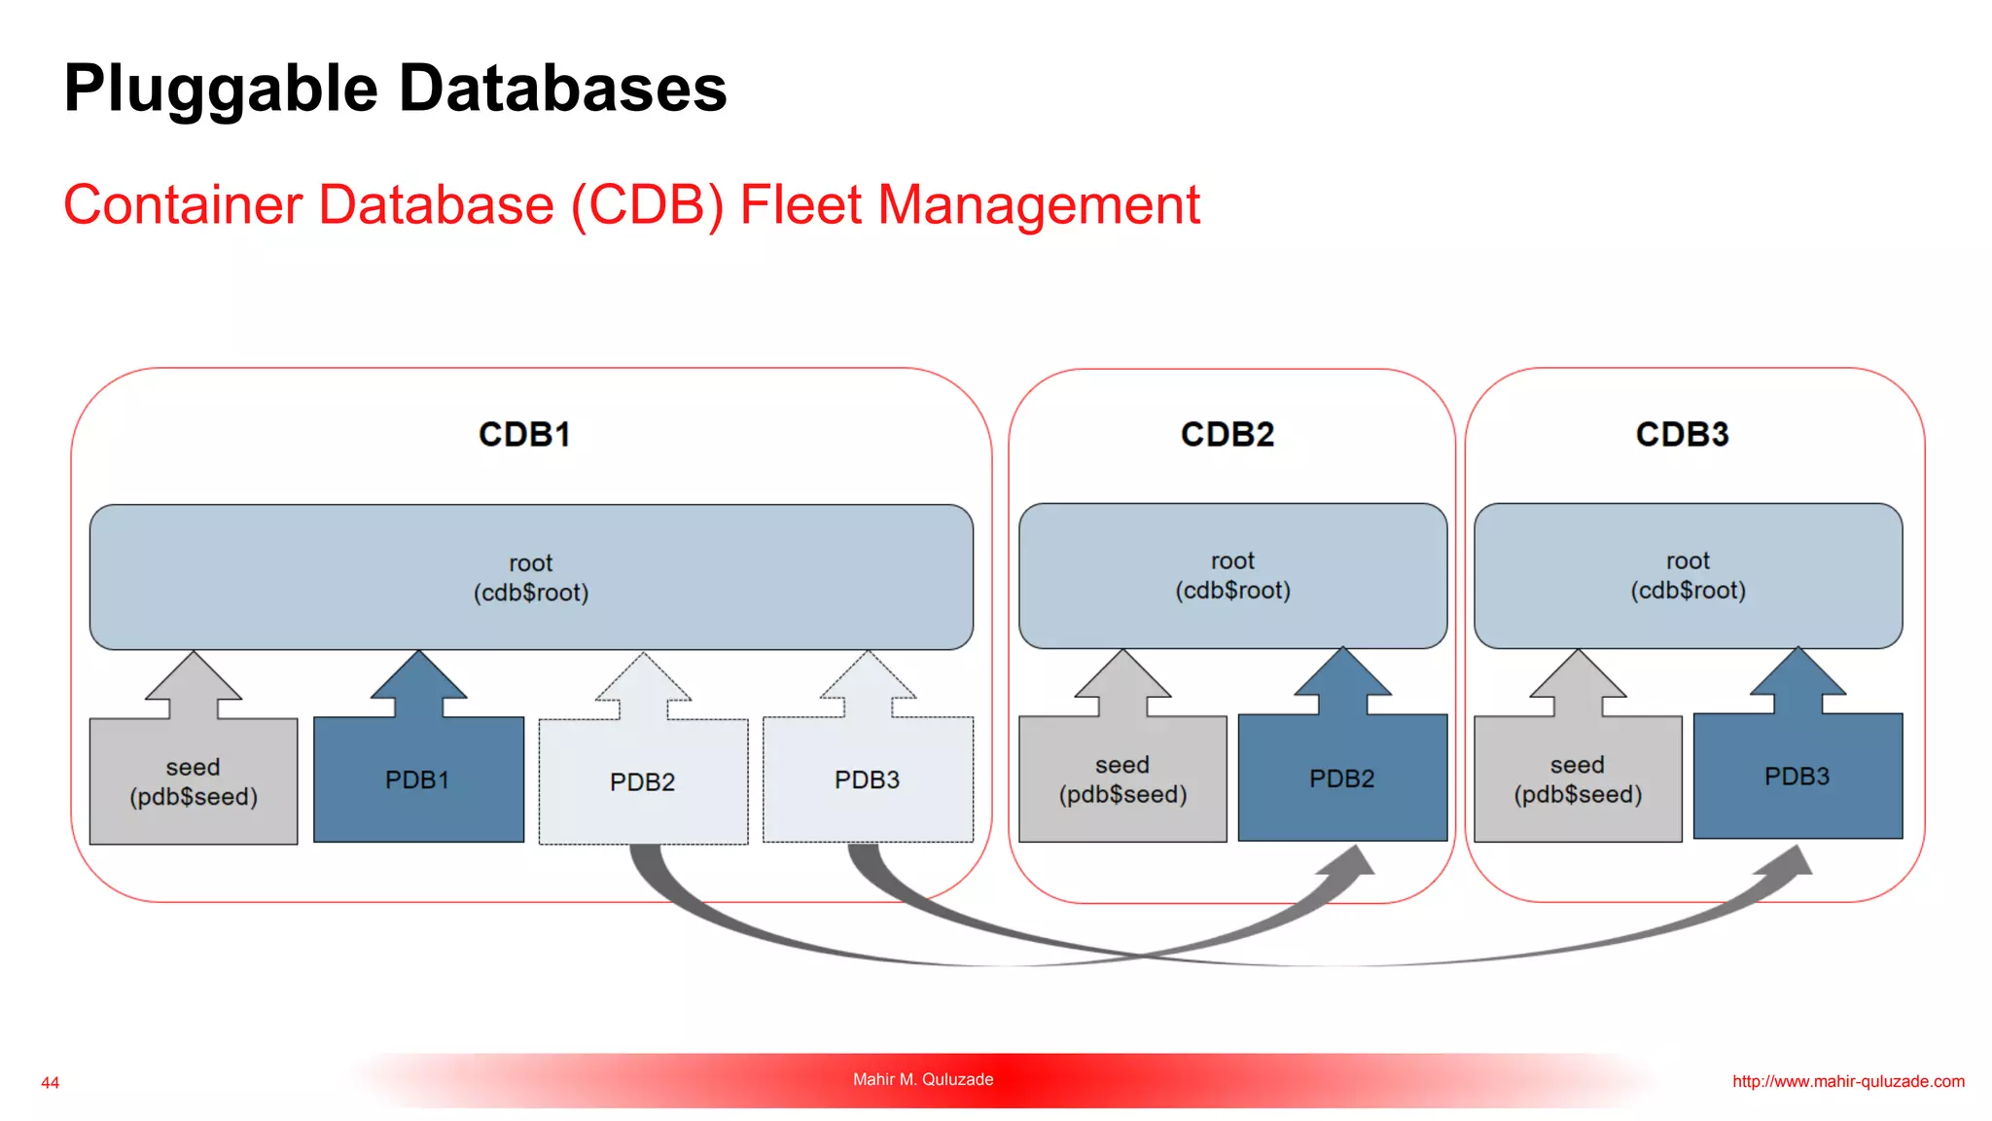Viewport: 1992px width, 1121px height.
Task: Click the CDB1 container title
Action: click(524, 434)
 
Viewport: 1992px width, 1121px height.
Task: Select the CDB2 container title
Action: click(1227, 434)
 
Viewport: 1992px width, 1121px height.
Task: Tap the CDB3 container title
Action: click(1682, 434)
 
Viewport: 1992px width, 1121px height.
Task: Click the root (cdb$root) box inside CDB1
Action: click(531, 577)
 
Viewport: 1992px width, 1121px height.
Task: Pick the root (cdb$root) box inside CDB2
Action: click(1232, 575)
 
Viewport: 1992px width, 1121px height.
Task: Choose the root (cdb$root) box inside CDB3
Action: click(1688, 575)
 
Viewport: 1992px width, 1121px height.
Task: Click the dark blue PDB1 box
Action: click(418, 779)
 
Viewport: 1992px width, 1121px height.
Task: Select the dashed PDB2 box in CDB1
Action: click(643, 781)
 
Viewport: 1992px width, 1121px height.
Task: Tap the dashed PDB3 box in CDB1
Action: click(868, 779)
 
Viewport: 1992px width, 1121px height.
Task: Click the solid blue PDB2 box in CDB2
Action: click(1342, 777)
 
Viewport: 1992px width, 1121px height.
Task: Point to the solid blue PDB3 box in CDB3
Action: click(1797, 776)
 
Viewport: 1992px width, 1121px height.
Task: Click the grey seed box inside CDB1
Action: click(194, 781)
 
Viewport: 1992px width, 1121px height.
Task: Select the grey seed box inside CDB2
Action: click(1122, 779)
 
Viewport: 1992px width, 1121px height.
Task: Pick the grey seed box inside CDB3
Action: click(1578, 779)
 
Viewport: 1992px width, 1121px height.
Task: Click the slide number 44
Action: click(51, 1082)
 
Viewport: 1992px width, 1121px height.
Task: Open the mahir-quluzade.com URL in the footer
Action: click(1848, 1081)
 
